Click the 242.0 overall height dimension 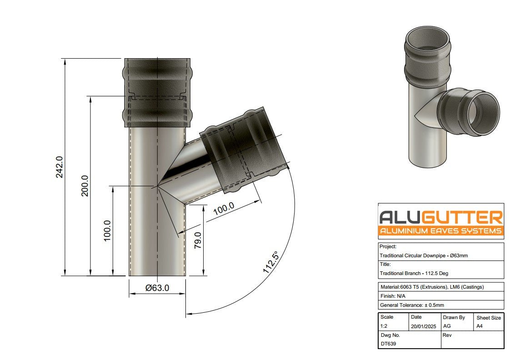pyautogui.click(x=60, y=167)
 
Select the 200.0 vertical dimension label pyautogui.click(x=85, y=185)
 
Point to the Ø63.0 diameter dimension pyautogui.click(x=157, y=288)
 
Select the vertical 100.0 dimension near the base pyautogui.click(x=107, y=231)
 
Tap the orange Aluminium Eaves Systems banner pyautogui.click(x=440, y=231)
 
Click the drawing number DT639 pyautogui.click(x=389, y=344)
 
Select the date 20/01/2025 pyautogui.click(x=423, y=326)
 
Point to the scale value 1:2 pyautogui.click(x=385, y=326)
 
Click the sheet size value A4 pyautogui.click(x=480, y=326)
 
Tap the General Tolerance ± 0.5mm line pyautogui.click(x=411, y=305)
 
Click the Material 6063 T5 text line pyautogui.click(x=431, y=287)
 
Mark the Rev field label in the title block pyautogui.click(x=447, y=335)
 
